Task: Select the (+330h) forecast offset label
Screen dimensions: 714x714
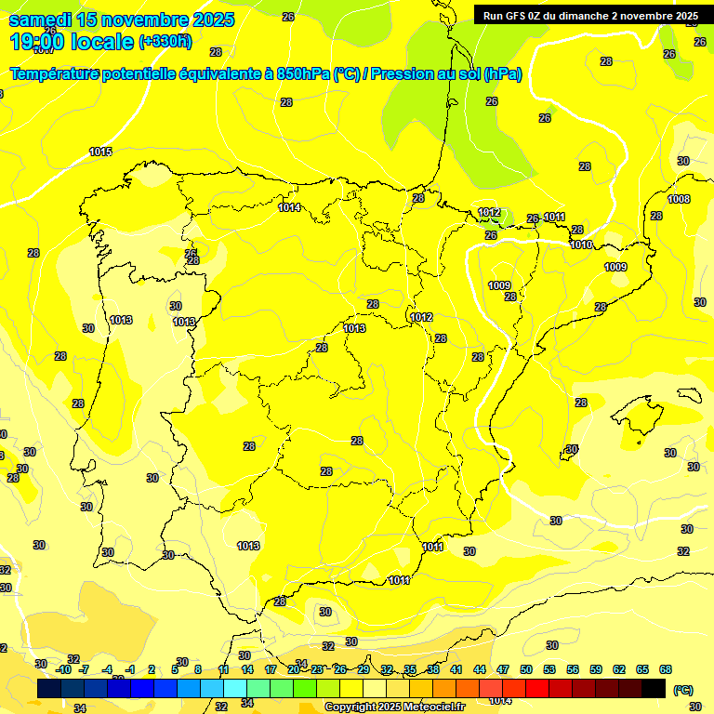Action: [x=165, y=41]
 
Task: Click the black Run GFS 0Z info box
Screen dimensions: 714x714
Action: [x=590, y=15]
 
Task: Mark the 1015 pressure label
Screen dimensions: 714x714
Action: [x=100, y=152]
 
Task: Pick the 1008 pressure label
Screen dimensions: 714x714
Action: [x=679, y=199]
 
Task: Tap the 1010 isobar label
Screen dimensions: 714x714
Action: [x=581, y=245]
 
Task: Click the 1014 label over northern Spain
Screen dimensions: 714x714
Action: [x=289, y=207]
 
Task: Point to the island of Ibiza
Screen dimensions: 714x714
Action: [x=569, y=453]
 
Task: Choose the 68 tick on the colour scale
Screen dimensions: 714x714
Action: [x=666, y=669]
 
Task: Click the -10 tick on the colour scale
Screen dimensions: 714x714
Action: [x=63, y=669]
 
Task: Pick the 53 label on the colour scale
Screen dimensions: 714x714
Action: [x=549, y=669]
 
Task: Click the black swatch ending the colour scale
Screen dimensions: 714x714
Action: [x=654, y=688]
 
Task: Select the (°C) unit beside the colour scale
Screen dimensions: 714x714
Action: [x=683, y=689]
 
